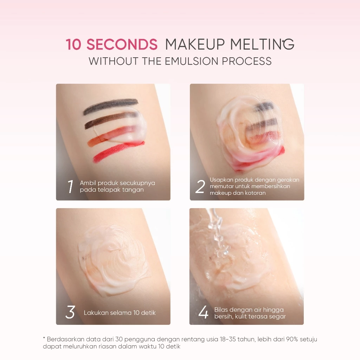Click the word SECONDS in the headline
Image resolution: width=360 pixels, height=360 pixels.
(x=122, y=44)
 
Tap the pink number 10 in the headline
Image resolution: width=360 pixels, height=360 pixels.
(x=73, y=44)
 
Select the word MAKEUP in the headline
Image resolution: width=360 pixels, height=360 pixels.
(x=195, y=44)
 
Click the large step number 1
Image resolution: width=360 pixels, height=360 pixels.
(x=70, y=186)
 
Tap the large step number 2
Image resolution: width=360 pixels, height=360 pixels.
(x=200, y=186)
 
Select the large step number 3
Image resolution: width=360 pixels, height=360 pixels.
(x=70, y=312)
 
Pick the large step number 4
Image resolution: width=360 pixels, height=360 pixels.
(x=203, y=312)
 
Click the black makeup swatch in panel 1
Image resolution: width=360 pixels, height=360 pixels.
(x=111, y=106)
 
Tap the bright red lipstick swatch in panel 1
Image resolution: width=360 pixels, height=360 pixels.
(x=118, y=152)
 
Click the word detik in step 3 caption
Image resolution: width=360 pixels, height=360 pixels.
(x=149, y=313)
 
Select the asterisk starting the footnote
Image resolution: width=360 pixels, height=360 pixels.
(x=44, y=338)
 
